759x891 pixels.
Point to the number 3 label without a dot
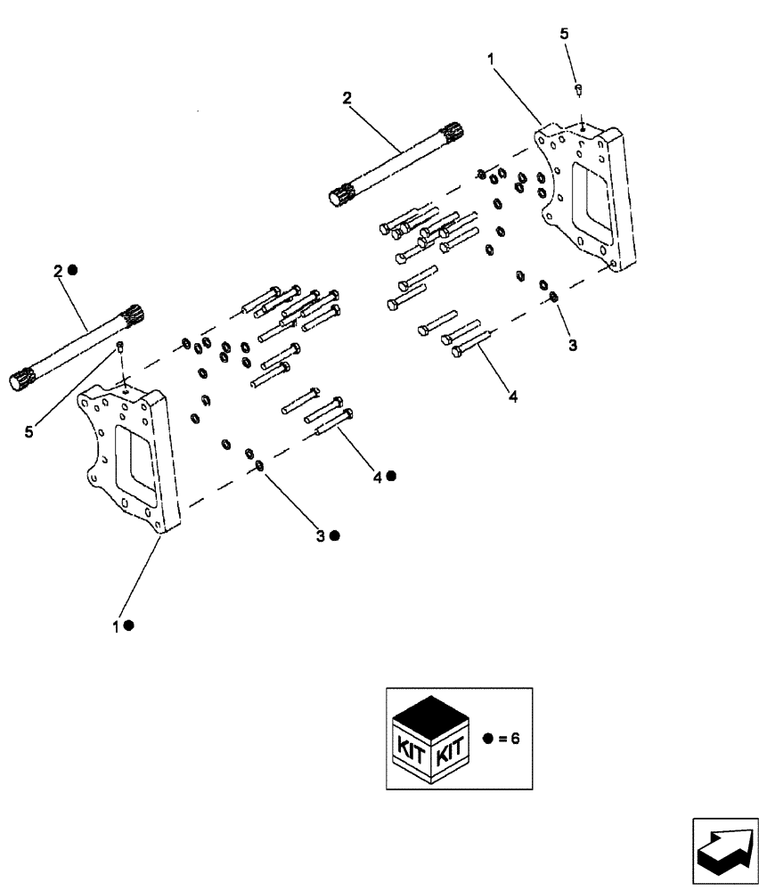(573, 345)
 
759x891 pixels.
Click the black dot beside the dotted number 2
(74, 270)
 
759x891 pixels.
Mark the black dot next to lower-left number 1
(129, 625)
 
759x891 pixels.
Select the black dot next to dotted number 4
(390, 477)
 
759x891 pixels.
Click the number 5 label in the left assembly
(29, 431)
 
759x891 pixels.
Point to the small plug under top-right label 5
(578, 88)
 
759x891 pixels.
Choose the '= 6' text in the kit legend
(505, 739)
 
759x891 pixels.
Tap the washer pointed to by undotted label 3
(553, 296)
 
